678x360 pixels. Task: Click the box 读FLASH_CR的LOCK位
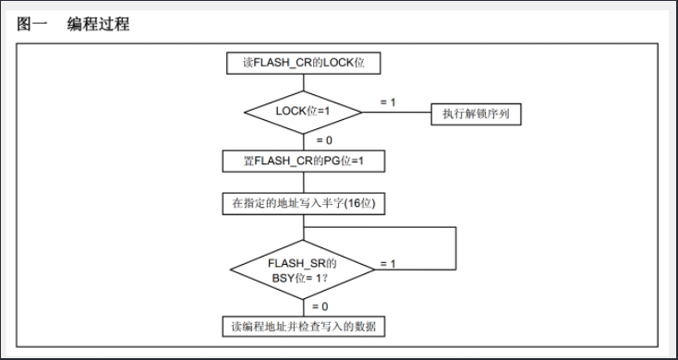(303, 64)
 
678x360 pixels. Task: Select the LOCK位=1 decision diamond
(303, 112)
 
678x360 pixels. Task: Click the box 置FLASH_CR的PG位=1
(303, 161)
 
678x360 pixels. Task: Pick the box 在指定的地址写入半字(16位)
(303, 203)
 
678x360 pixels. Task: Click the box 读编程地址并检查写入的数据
(303, 327)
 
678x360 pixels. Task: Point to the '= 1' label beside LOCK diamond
(387, 102)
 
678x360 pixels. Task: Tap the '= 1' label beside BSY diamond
(387, 264)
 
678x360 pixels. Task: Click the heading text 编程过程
(98, 25)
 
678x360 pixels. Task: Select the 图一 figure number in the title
(32, 25)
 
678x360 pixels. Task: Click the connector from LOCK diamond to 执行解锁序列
(397, 113)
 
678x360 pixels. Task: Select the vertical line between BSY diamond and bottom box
(303, 307)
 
